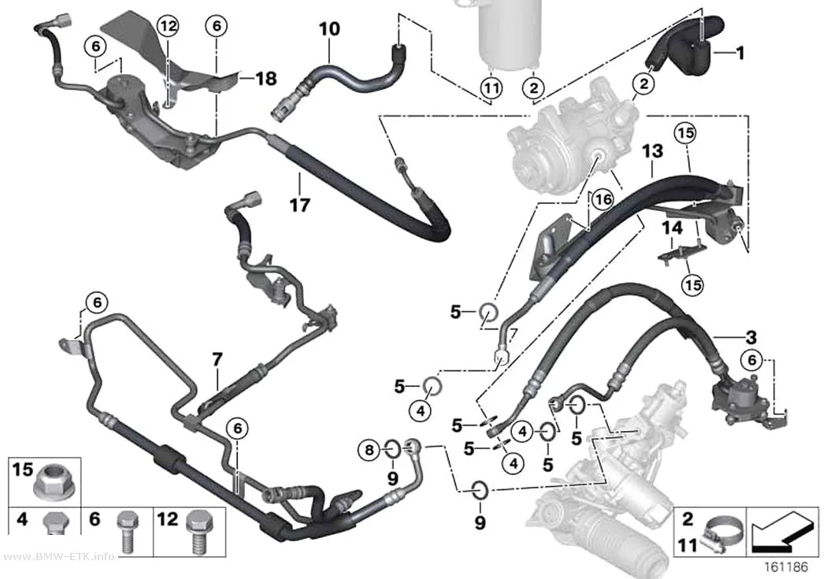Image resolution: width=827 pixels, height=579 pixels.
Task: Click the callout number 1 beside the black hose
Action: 740,53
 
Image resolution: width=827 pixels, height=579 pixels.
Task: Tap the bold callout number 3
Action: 751,337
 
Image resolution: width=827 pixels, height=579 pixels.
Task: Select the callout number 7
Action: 217,360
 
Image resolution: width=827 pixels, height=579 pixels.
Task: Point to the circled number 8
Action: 369,450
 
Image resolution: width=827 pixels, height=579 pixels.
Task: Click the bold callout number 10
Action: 330,28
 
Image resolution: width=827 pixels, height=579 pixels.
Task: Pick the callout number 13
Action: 652,151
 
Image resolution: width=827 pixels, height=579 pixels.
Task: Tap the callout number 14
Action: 672,228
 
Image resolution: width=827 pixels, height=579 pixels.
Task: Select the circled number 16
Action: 603,199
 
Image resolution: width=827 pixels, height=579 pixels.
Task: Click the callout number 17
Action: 300,205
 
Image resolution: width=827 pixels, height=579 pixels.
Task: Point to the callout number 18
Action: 266,79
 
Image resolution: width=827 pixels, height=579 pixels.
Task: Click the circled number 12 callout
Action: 168,25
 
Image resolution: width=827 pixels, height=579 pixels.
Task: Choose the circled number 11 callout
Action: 491,87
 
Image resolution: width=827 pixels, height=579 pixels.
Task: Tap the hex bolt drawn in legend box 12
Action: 198,531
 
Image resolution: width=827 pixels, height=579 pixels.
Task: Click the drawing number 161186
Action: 786,567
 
